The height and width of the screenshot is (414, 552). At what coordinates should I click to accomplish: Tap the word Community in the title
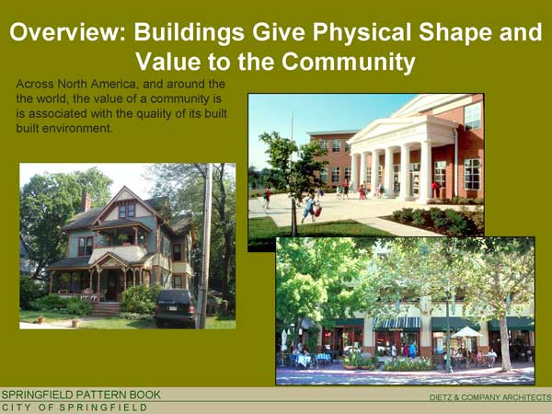point(348,62)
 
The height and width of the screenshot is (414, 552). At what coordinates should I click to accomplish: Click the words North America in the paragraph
point(96,84)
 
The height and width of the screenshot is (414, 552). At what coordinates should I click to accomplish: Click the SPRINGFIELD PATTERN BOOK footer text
point(81,395)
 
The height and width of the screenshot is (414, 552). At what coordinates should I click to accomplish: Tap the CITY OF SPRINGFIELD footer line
point(75,408)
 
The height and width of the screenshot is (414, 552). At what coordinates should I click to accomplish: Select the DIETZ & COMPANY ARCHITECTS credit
point(490,397)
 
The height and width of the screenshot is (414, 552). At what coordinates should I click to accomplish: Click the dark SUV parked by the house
point(175,307)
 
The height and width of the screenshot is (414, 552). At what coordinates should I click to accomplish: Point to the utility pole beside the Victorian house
point(205,246)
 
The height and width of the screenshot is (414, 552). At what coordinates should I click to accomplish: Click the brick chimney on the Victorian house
point(86,201)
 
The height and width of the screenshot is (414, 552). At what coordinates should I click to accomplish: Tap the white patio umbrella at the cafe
point(466,332)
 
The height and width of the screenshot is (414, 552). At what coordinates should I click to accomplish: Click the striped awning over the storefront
point(397,324)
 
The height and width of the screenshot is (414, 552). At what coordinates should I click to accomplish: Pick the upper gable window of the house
point(127,212)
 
